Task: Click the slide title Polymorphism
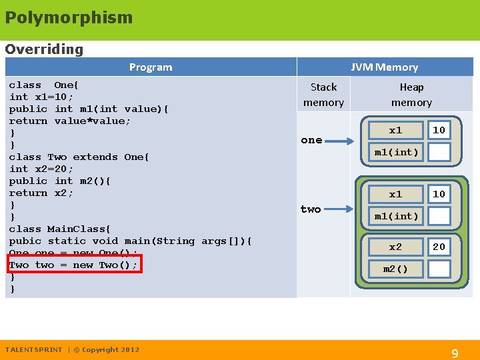(x=69, y=18)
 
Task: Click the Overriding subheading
(x=44, y=49)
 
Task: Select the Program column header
(x=151, y=67)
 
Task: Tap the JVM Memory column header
(x=385, y=67)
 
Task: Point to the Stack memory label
(x=323, y=95)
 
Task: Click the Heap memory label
(x=411, y=95)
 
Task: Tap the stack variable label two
(x=311, y=209)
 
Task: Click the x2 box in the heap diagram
(x=396, y=247)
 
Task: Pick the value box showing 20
(x=439, y=247)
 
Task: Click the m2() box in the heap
(x=396, y=269)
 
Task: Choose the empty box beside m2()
(x=439, y=269)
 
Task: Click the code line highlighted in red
(x=74, y=265)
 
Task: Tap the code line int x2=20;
(x=41, y=169)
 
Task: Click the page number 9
(x=455, y=354)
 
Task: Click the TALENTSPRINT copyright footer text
(x=72, y=349)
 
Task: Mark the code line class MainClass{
(x=60, y=229)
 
